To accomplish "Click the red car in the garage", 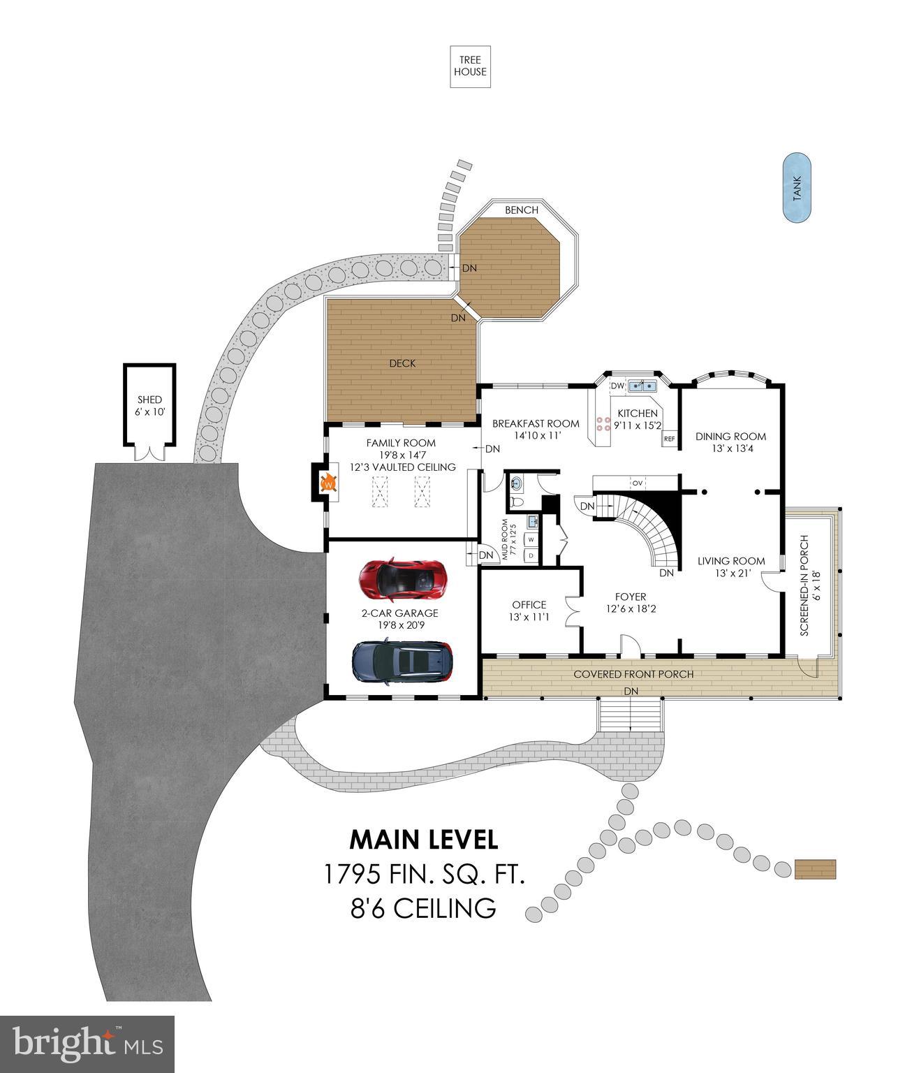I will [402, 580].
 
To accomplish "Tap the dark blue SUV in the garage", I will [402, 662].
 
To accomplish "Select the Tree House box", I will [470, 66].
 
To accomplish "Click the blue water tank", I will [797, 188].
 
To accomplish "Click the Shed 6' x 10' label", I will [149, 406].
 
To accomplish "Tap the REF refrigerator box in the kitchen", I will [669, 439].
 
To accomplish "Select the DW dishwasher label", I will [617, 386].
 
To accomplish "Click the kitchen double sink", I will [643, 386].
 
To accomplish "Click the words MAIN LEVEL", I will [423, 839].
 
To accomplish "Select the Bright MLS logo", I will [87, 1044].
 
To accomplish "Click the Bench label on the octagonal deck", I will [522, 210].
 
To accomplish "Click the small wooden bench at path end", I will [815, 870].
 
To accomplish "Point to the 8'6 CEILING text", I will [423, 909].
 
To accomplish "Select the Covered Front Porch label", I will [633, 674].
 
